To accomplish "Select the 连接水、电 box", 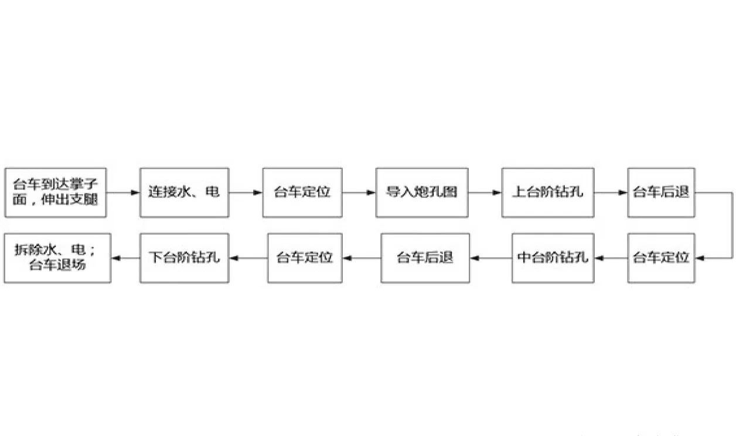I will point(183,192).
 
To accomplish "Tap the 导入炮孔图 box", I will point(421,192).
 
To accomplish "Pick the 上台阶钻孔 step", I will point(547,192).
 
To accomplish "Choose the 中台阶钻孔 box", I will point(553,258).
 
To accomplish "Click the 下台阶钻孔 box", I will point(183,258).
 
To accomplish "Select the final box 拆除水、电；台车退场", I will point(57,258).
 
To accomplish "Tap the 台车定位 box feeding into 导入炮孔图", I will point(302,192).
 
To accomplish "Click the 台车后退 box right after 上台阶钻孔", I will point(660,192).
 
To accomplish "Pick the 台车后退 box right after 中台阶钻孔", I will point(425,258).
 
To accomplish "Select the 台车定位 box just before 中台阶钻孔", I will point(660,258).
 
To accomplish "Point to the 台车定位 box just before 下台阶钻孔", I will point(305,258).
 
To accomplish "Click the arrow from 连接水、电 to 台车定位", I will point(245,192).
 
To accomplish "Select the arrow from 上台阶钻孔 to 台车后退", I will point(610,192).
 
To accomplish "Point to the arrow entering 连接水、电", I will point(122,192).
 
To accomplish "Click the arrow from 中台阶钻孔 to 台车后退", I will point(490,258).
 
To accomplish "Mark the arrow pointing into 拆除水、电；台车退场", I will point(125,258).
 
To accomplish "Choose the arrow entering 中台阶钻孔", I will point(610,258).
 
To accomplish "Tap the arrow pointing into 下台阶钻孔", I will point(248,258).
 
